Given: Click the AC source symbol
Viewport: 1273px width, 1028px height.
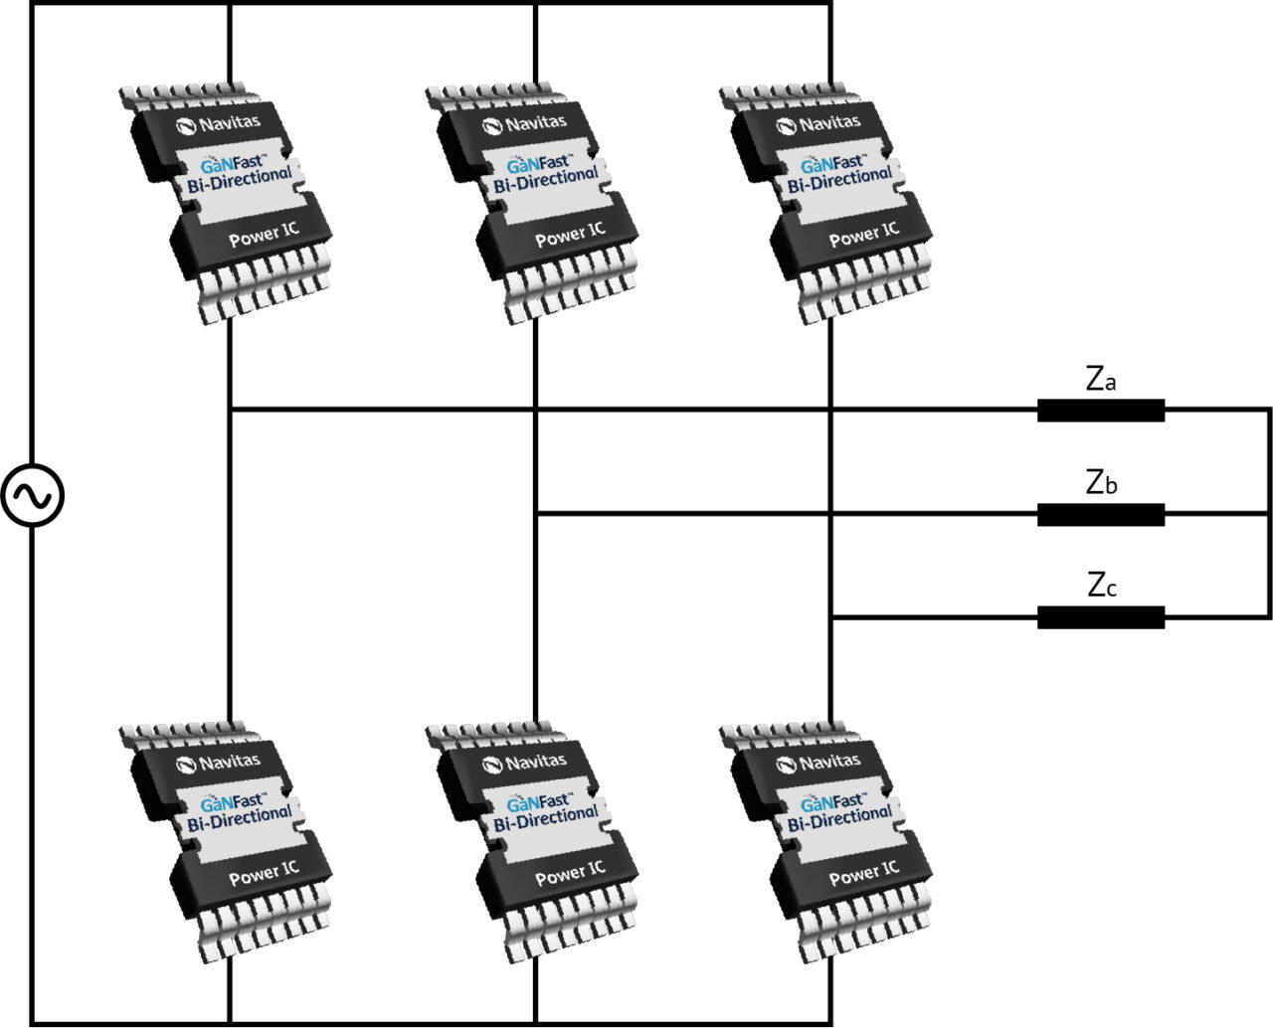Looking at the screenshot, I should pyautogui.click(x=32, y=496).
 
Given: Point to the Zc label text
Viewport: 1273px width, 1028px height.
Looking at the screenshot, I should pyautogui.click(x=1101, y=586).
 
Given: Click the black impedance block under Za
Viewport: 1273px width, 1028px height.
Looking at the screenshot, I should pyautogui.click(x=1101, y=410).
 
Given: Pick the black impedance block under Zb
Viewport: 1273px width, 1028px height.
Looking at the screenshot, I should pyautogui.click(x=1101, y=514).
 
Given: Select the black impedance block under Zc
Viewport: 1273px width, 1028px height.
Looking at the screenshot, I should pyautogui.click(x=1101, y=617).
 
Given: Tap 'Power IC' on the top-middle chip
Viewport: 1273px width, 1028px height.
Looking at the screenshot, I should pyautogui.click(x=570, y=235).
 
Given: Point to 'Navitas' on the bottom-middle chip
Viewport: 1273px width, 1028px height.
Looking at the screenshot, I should pyautogui.click(x=525, y=763).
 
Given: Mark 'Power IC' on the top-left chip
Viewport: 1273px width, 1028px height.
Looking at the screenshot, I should pyautogui.click(x=264, y=235).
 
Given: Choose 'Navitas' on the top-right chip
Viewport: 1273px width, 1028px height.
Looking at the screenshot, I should pyautogui.click(x=819, y=124).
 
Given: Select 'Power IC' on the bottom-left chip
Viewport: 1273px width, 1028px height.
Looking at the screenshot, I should pyautogui.click(x=264, y=873).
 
